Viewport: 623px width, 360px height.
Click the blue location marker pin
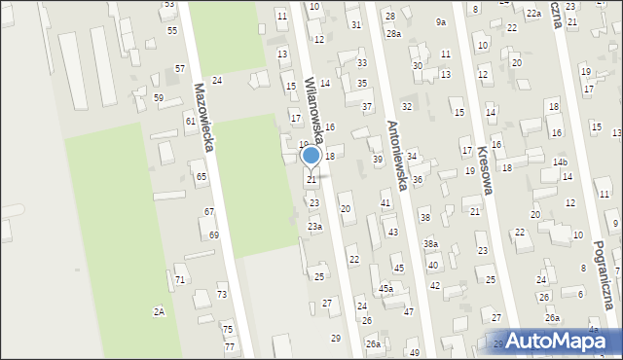[311, 156]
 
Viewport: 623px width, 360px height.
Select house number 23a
[315, 227]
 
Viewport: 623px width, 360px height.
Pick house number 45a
[385, 289]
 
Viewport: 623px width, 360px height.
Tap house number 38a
[430, 244]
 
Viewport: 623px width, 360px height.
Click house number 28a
[392, 34]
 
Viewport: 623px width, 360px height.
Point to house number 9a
[441, 22]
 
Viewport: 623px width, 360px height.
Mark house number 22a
[533, 14]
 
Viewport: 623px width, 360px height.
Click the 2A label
[159, 311]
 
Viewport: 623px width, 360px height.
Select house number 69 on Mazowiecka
[214, 235]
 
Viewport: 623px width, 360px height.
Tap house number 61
[190, 122]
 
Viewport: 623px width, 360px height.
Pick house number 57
[180, 68]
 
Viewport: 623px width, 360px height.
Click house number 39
[378, 160]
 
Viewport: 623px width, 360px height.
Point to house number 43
[392, 233]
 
